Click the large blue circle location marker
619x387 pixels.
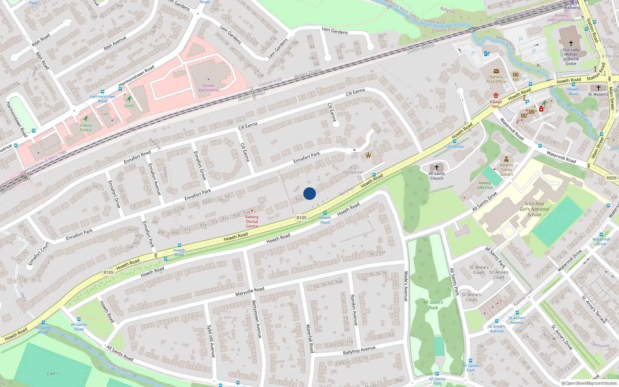coord(309,193)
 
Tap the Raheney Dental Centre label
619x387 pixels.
coord(252,222)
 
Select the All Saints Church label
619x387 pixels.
coord(437,176)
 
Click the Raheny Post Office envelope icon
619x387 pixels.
coord(496,71)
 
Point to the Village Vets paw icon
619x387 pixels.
coord(496,95)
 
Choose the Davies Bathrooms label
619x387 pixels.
coord(209,88)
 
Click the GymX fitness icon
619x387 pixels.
coord(129,99)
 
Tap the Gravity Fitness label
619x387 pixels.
coord(86,128)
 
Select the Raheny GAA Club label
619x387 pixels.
coord(485,185)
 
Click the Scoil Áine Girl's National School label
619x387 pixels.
coord(534,209)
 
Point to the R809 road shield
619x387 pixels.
coord(611,178)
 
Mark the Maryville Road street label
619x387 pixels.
coord(250,291)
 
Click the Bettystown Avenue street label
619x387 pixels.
coord(256,319)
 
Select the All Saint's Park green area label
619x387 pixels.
coord(433,305)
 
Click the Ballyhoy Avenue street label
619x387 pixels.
coord(359,350)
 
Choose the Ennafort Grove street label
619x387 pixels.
coord(200,165)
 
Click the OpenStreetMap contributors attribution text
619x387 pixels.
coord(589,384)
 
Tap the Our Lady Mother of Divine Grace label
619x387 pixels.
coord(571,57)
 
